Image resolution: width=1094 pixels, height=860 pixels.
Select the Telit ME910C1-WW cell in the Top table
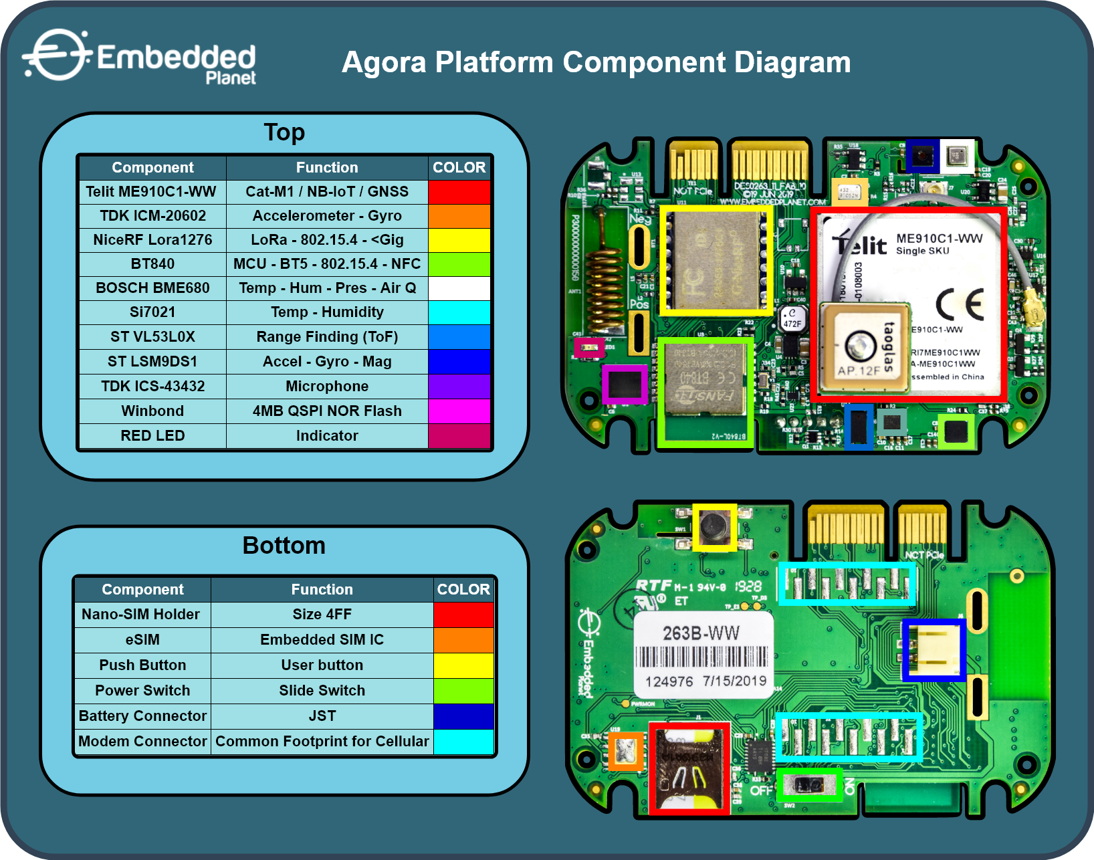(152, 192)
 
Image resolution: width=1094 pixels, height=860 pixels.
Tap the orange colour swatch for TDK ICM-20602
(459, 216)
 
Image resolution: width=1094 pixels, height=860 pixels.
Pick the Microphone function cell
(327, 387)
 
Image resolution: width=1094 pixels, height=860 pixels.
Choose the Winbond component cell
(152, 411)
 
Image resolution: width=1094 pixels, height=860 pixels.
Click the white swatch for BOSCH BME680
(459, 288)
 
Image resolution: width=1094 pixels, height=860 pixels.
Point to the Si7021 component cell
(152, 312)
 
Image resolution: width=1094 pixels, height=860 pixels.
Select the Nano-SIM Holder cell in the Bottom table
(142, 615)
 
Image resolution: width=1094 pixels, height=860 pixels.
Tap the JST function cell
(322, 716)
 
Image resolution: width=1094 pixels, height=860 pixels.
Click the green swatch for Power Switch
(463, 691)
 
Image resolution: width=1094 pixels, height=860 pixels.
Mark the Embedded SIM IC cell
(322, 640)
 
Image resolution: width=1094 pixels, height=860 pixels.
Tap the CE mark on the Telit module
(960, 304)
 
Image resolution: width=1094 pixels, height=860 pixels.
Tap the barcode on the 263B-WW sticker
(701, 657)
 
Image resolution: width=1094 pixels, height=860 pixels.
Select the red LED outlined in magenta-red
(589, 348)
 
